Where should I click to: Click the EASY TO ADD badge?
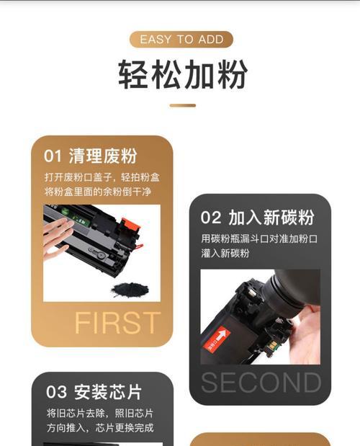(x=181, y=39)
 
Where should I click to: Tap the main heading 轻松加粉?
(x=181, y=74)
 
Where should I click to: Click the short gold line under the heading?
(x=182, y=105)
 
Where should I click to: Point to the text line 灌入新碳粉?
(x=225, y=254)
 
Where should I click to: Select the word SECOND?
(x=261, y=383)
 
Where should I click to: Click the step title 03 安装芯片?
(x=94, y=393)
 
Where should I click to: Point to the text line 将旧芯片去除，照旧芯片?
(x=99, y=414)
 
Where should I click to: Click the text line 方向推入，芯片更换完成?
(x=99, y=428)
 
